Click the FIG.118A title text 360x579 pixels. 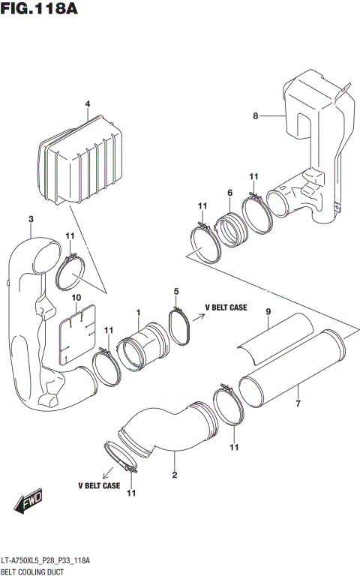coord(40,10)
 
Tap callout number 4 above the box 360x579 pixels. coord(87,103)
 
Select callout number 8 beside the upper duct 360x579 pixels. coord(255,115)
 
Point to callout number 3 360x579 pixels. coord(30,219)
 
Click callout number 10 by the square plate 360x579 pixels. coord(76,297)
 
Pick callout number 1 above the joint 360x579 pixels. coord(138,313)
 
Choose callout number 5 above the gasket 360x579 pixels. coord(176,291)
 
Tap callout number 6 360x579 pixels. coord(229,193)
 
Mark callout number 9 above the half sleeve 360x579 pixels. coord(266,311)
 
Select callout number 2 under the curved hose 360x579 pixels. coord(174,475)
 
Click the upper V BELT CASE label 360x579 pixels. coord(226,307)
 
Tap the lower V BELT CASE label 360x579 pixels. coord(99,485)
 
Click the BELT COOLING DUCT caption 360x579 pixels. coord(37,571)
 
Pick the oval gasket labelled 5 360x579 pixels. coord(180,328)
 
